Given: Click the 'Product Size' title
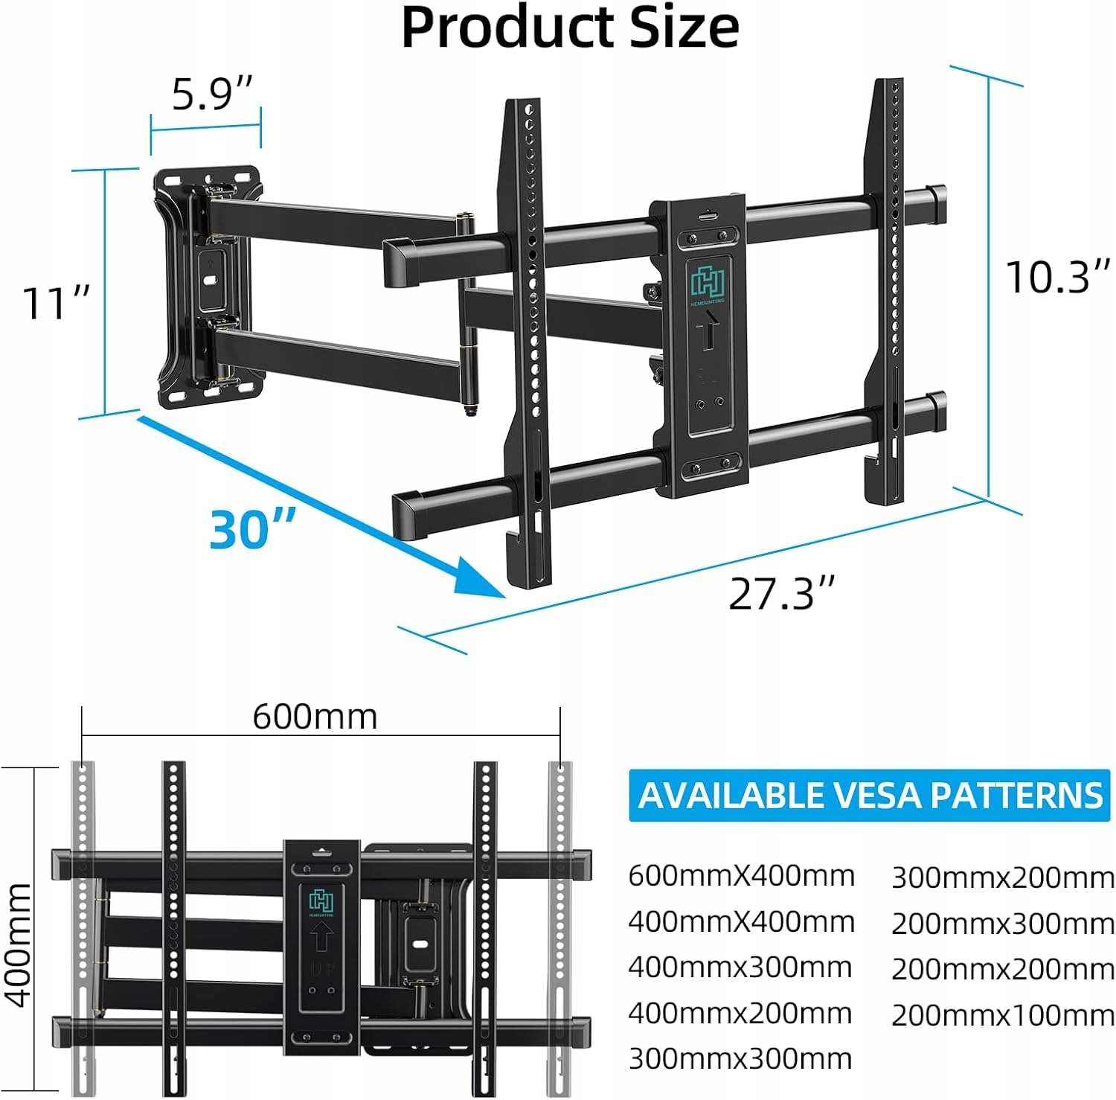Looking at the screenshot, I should pos(570,28).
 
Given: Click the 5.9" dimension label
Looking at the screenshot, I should pos(213,95).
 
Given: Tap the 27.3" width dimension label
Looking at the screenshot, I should pos(781,594).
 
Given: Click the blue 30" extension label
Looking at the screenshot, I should pos(253,528).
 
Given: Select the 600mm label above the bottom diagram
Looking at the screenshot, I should pos(315,717).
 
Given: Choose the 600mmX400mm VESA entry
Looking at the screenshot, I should pos(741,876).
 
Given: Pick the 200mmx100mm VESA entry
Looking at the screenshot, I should pos(1002,1015).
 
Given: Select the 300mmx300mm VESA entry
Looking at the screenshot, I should pos(740,1058).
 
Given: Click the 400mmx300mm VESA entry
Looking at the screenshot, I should pos(740,968).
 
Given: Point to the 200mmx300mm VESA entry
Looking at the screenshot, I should pos(1002,924).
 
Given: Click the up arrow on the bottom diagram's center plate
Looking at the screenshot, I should pos(321,936).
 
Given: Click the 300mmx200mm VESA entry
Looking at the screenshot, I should pos(1002,878).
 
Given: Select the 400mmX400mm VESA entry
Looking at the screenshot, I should pos(741,922).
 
